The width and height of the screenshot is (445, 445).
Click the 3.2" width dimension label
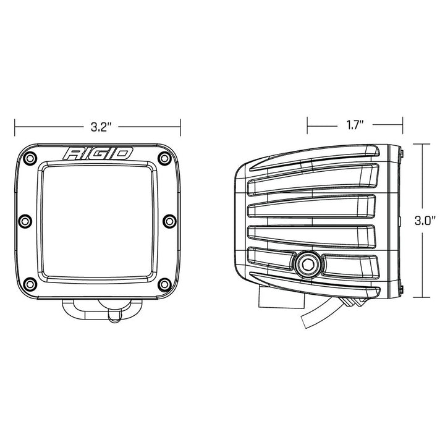(x=100, y=127)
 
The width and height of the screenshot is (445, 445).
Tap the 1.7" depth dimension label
(x=354, y=125)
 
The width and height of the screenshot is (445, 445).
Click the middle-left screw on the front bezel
(x=25, y=221)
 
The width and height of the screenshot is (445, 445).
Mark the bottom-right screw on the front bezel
(x=164, y=284)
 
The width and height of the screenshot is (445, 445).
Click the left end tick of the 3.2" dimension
(x=17, y=127)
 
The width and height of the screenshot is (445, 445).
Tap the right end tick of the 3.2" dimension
(x=180, y=127)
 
